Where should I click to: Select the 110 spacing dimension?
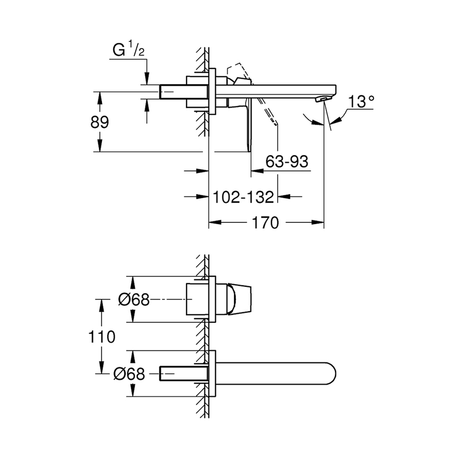[x=102, y=336]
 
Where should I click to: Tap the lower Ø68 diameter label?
[x=129, y=374]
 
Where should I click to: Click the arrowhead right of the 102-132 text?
[x=283, y=197]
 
